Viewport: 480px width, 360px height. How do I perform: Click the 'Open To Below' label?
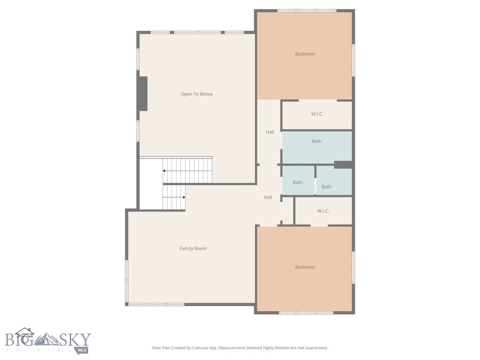(197, 94)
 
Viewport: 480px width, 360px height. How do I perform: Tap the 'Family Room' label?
(193, 248)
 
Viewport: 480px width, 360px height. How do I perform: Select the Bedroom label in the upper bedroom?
(305, 54)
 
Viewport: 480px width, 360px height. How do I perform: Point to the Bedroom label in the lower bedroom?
(305, 267)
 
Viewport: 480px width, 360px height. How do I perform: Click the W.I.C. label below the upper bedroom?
(317, 114)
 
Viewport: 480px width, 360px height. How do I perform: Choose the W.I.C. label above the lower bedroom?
(323, 211)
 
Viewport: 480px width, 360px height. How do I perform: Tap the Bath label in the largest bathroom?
(317, 141)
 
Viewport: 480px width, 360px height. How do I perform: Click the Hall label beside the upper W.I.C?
(270, 132)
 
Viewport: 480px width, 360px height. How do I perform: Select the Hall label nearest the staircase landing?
(268, 197)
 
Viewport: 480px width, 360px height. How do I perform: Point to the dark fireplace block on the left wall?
(142, 94)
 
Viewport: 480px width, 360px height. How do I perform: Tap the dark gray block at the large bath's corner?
(343, 165)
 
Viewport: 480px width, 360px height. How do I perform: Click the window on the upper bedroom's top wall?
(307, 10)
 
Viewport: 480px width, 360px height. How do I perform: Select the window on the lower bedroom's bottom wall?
(306, 313)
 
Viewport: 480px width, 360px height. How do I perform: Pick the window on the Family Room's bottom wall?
(156, 305)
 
